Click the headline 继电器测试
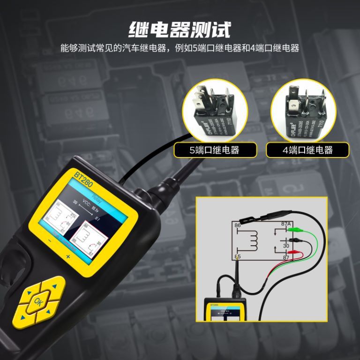180,29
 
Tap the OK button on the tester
38,301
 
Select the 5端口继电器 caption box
215,150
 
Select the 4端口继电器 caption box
307,150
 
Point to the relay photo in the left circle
214,112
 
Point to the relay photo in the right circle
307,112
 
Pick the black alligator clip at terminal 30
296,241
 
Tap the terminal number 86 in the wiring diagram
238,225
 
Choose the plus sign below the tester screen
68,257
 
